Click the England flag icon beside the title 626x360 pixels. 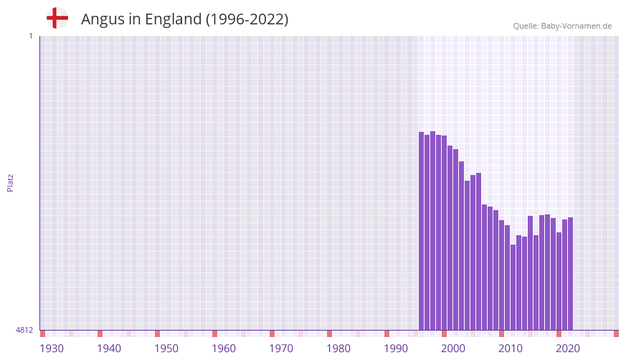(x=57, y=18)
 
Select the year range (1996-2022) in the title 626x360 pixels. (x=247, y=19)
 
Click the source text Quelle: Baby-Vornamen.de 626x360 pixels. (x=562, y=26)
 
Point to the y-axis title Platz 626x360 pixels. (x=10, y=182)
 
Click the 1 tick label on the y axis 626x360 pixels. (x=30, y=36)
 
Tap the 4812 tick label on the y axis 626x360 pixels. (x=24, y=331)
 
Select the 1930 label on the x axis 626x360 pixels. (x=52, y=349)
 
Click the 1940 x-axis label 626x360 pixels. (x=109, y=349)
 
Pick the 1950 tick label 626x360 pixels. (x=166, y=349)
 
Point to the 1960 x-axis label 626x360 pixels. (x=224, y=349)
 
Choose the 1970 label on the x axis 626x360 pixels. (x=281, y=349)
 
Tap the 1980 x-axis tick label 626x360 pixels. (x=338, y=349)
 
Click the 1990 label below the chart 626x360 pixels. (x=396, y=349)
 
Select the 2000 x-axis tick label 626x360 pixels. (x=453, y=349)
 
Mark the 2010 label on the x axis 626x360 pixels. (x=511, y=349)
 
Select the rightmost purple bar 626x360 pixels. (x=570, y=273)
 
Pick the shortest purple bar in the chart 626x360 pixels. (x=513, y=287)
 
